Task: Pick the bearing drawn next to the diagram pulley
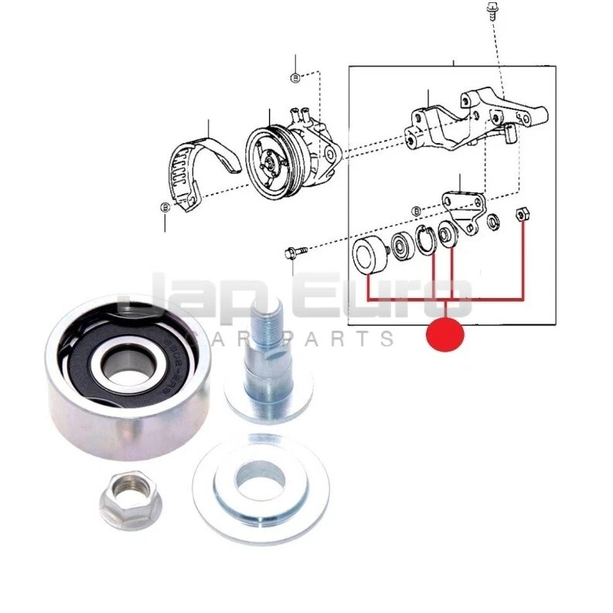[402, 245]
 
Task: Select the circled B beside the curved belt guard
[165, 207]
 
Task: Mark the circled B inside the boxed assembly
[417, 210]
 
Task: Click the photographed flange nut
[130, 503]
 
